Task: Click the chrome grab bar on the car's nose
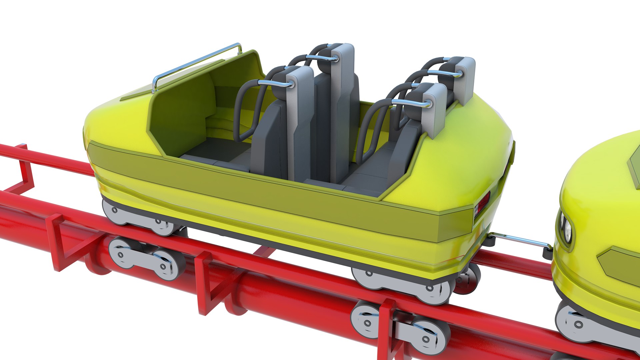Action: tap(197, 62)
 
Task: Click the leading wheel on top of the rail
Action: tap(113, 212)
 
